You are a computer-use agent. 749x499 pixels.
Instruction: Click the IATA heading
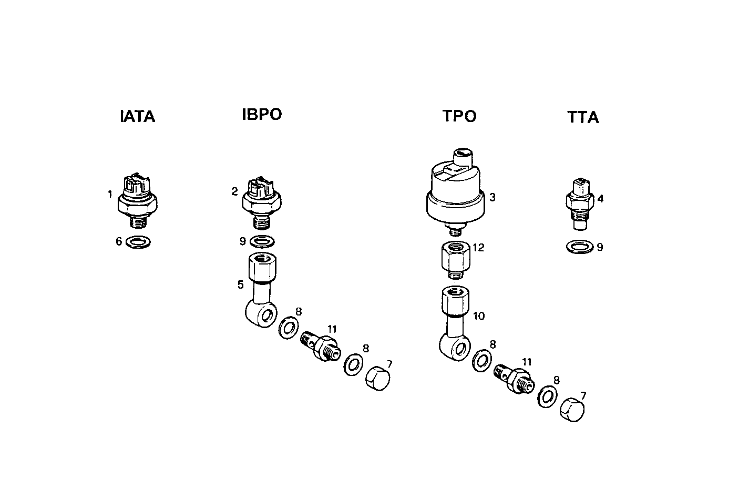click(138, 116)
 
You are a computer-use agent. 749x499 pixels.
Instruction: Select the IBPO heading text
click(262, 114)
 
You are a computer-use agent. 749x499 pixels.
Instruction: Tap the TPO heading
click(459, 116)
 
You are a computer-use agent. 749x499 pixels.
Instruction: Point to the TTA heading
click(583, 117)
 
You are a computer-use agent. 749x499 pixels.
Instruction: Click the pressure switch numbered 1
click(138, 199)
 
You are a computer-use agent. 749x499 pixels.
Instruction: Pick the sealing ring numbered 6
click(139, 242)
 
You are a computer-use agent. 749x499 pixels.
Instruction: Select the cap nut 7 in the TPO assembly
click(573, 410)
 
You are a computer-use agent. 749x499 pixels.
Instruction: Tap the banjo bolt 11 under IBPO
click(320, 346)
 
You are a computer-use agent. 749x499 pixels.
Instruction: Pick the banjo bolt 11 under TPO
click(513, 378)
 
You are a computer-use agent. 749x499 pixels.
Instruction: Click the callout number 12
click(478, 248)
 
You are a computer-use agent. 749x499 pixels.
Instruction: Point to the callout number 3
click(493, 198)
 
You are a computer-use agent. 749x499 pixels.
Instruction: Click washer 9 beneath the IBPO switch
click(262, 242)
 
